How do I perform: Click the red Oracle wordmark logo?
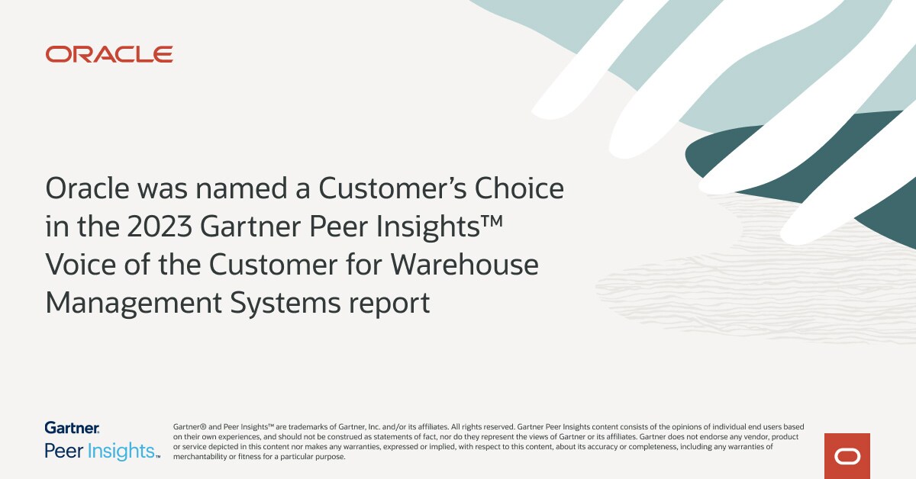tap(109, 54)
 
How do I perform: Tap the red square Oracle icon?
tap(847, 456)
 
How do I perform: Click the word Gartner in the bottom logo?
tap(72, 428)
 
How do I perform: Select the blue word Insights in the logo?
tap(121, 451)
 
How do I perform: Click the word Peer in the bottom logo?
tap(63, 451)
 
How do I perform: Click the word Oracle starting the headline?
tap(88, 188)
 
